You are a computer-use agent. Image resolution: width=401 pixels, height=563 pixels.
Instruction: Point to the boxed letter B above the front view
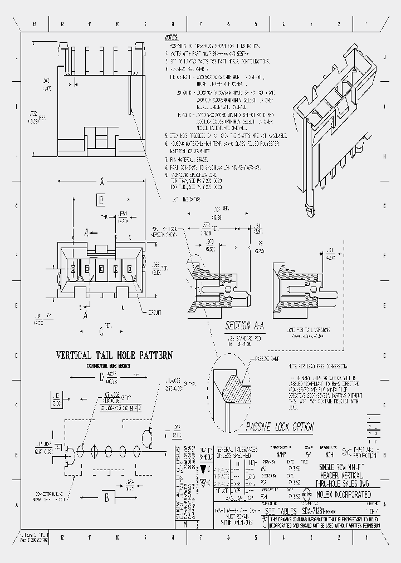click(x=101, y=200)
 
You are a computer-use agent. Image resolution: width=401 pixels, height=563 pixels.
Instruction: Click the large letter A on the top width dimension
click(x=102, y=181)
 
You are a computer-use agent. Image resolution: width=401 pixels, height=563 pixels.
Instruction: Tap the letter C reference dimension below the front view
click(x=101, y=332)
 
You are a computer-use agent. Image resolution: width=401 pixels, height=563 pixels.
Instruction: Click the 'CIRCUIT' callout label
click(x=153, y=313)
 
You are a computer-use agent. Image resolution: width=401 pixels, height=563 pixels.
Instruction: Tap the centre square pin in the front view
click(x=101, y=270)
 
